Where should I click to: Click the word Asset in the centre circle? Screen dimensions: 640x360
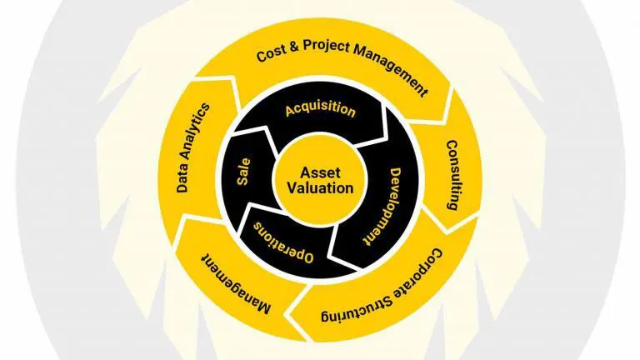click(320, 172)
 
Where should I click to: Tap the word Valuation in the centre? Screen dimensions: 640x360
click(320, 188)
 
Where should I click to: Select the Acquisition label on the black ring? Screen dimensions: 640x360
click(320, 109)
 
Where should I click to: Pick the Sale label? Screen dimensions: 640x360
click(243, 172)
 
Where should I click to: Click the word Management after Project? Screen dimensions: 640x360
click(391, 69)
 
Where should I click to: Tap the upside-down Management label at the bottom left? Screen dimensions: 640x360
click(236, 284)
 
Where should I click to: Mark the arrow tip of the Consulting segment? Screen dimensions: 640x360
click(448, 232)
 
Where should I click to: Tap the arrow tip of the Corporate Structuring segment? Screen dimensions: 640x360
click(290, 316)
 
